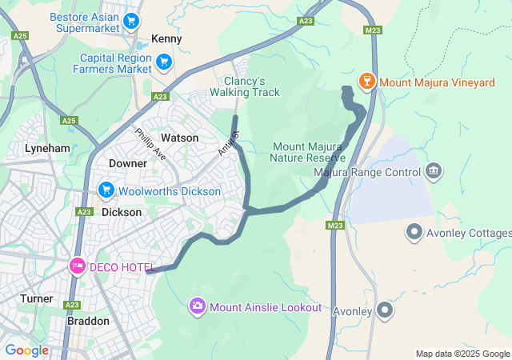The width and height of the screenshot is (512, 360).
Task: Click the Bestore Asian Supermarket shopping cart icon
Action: point(131,22)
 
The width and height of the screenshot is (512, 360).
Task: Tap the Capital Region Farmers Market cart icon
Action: point(164,61)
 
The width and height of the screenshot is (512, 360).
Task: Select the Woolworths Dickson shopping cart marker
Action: point(106,190)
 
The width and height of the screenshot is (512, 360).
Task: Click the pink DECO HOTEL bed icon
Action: point(77,265)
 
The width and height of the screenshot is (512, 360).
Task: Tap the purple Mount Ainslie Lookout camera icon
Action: point(197,306)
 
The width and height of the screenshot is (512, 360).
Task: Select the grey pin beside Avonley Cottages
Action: point(414,232)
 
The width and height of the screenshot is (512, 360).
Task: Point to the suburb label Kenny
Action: point(166,38)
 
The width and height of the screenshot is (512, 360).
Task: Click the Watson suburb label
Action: point(179,138)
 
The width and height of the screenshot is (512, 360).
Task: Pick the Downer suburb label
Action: point(127,163)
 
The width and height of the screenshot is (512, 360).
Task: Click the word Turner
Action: point(36,298)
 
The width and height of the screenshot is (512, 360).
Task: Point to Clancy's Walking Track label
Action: point(245,86)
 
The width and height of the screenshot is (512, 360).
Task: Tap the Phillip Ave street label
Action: point(150,145)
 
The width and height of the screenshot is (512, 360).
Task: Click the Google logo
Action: point(26,350)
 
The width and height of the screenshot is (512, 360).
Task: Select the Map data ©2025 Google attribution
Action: point(462,354)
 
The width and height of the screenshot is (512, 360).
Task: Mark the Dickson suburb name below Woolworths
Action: point(122,212)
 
